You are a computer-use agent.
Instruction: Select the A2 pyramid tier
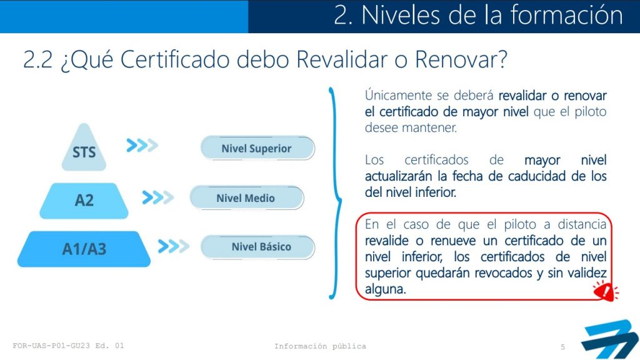pos(84,201)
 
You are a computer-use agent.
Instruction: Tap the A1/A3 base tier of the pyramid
pos(84,249)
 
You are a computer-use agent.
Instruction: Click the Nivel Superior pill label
pos(257,148)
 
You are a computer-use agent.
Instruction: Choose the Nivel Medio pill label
pos(246,198)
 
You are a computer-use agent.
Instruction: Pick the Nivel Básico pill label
pos(257,247)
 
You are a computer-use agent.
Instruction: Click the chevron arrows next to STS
pos(142,145)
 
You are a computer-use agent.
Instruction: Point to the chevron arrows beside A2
pos(158,197)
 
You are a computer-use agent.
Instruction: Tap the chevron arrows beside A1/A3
pos(174,246)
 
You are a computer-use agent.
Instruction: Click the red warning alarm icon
pos(605,291)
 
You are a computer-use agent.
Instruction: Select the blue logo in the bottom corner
pos(610,339)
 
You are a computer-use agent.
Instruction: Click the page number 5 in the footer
pos(562,347)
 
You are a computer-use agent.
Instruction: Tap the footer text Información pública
pos(320,346)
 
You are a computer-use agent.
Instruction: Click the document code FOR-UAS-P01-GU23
pos(51,346)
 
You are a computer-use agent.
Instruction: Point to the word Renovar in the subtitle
pos(461,59)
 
